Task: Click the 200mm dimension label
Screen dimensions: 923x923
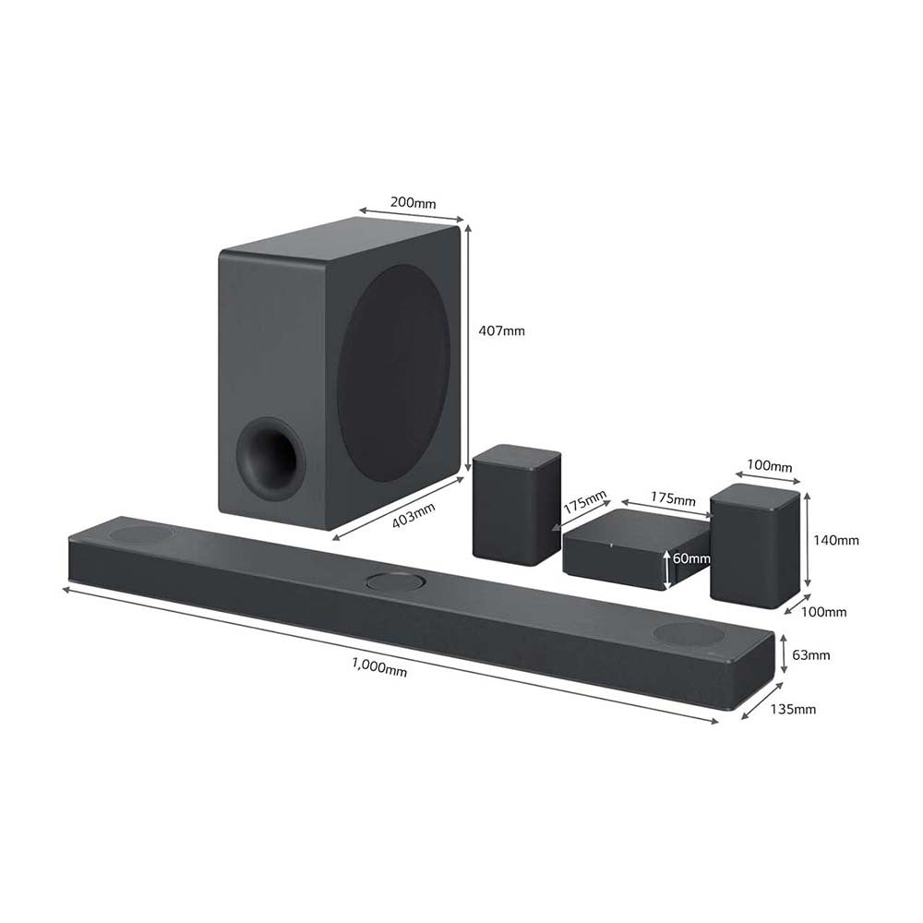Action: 414,203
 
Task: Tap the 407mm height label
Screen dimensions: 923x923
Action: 501,330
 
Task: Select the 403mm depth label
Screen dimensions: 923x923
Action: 414,515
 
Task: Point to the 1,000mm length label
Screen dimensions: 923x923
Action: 379,667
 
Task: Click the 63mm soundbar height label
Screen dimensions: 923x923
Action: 810,654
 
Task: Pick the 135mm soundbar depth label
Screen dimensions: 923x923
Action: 793,709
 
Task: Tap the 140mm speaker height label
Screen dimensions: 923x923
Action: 836,540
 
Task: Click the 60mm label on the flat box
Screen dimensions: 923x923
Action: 691,558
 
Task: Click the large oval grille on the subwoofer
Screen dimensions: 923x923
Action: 394,373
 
